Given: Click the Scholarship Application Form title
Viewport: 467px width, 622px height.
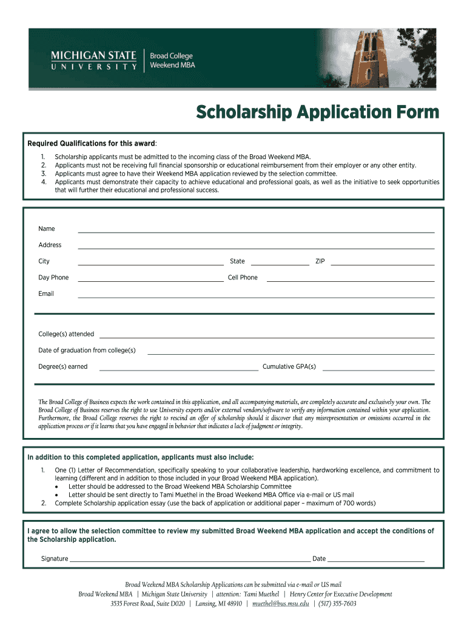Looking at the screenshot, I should pos(317,112).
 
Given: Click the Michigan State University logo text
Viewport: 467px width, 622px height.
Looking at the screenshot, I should pos(94,61).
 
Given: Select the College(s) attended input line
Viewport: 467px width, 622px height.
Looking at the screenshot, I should pos(267,335).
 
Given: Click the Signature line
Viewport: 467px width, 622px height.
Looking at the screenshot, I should pos(190,559).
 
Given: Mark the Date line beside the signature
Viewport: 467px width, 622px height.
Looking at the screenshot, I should pos(376,559).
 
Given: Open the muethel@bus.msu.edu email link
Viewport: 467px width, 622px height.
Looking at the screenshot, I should pos(281,604).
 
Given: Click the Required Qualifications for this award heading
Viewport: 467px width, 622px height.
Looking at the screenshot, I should pos(92,143).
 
